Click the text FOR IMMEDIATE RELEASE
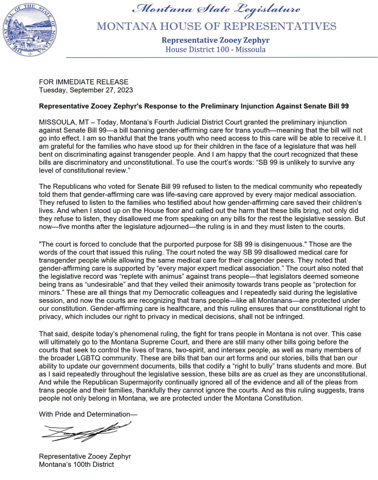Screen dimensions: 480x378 pyautogui.click(x=84, y=82)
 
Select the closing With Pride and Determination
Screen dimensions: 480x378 pyautogui.click(x=88, y=413)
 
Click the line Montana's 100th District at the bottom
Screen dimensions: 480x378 pyautogui.click(x=76, y=464)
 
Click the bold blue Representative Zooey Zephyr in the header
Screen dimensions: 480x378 pyautogui.click(x=213, y=40)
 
